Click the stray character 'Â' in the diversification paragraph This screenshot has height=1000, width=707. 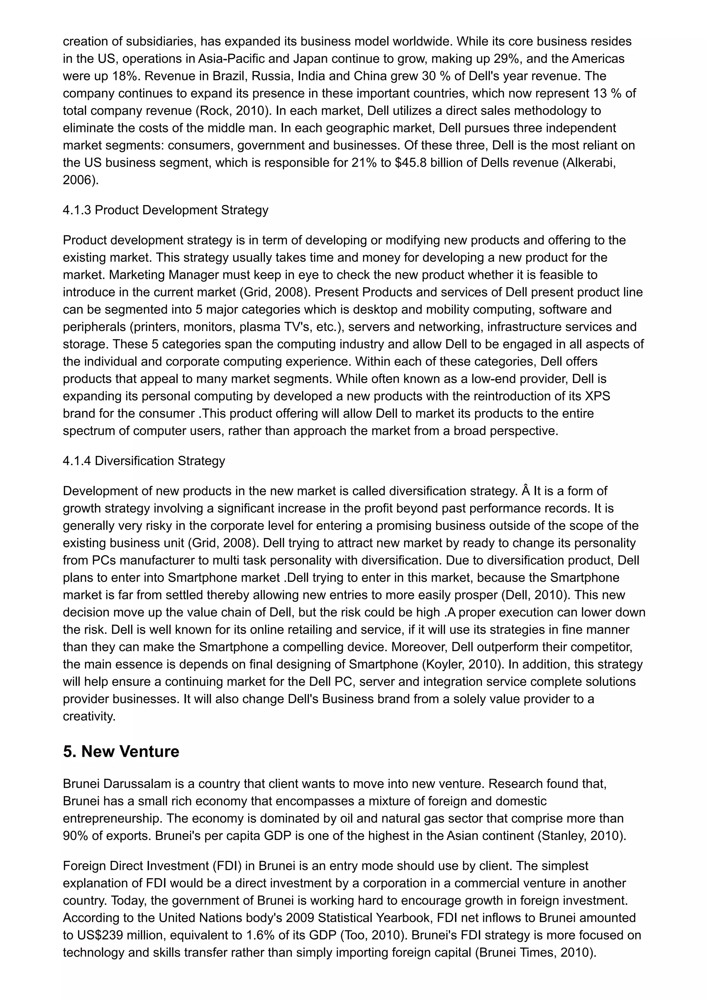click(525, 491)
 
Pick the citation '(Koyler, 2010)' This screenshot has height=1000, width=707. click(462, 664)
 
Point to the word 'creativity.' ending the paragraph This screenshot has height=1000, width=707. click(89, 716)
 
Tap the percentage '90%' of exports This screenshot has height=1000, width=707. click(76, 836)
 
